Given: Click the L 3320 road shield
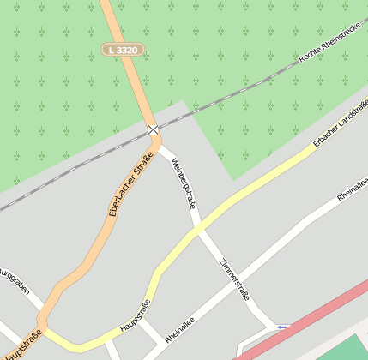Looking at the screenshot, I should coord(121,51).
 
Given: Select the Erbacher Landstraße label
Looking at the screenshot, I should coord(340,124).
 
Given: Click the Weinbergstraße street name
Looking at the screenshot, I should coord(183,183).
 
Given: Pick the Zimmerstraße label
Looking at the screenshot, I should coord(234,279).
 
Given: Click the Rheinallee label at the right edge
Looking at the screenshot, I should coord(353,189).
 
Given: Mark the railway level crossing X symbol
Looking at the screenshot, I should coord(153,129).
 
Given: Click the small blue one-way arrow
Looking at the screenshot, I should coord(282,327).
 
